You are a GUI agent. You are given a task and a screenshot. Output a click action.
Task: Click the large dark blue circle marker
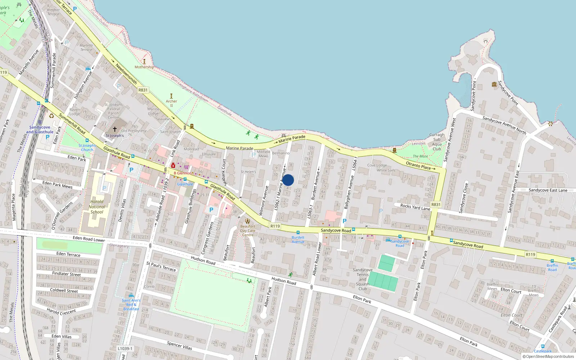pos(288,180)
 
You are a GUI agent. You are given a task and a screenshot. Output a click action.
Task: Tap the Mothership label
pos(144,67)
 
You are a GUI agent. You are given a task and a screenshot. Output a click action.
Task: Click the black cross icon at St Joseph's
pos(115,129)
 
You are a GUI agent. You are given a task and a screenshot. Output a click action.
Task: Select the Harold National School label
pos(97,207)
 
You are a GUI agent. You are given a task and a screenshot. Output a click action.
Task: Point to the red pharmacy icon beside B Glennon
pos(173,166)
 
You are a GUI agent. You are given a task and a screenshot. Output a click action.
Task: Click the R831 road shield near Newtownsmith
pos(143,90)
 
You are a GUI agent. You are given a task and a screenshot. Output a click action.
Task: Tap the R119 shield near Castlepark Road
pos(530,255)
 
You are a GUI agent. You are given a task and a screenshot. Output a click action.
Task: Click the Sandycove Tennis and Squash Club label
pos(363,279)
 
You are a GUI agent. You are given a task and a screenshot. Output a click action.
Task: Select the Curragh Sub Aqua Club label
pos(437,142)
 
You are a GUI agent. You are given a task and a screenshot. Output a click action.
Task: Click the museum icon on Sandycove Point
pos(494,84)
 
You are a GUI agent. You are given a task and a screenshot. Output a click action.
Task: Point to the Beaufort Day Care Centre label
pos(248,231)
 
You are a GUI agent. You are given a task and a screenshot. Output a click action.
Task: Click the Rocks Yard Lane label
pos(415,207)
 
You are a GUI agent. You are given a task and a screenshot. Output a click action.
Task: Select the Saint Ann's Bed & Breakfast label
pos(131,305)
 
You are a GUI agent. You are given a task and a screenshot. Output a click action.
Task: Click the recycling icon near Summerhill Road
pos(51,116)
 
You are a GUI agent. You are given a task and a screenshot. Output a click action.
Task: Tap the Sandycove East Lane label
pos(548,190)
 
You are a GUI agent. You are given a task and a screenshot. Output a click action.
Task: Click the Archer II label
pos(171,103)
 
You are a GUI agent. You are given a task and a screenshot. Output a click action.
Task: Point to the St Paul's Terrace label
pos(161,266)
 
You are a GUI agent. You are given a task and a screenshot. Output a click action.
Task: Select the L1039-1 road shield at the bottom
pos(125,348)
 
